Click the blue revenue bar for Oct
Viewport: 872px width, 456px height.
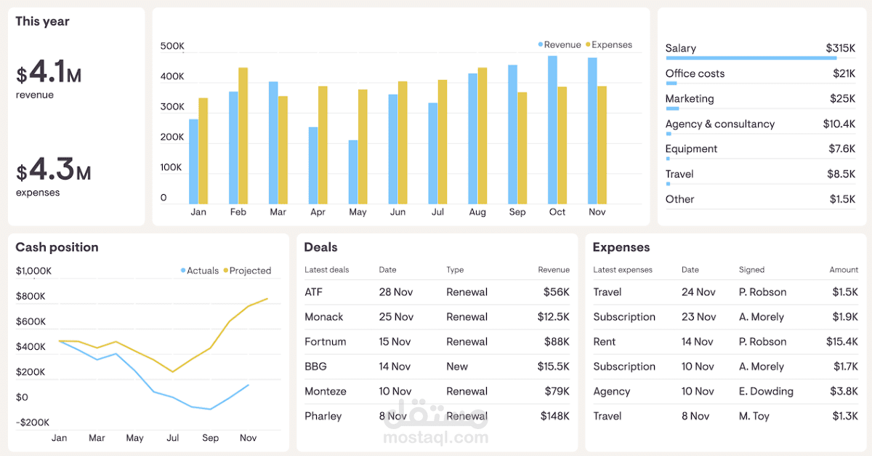[552, 131]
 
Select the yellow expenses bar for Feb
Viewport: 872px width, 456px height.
[243, 136]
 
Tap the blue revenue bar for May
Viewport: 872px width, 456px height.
[353, 172]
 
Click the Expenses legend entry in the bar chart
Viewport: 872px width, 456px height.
[611, 45]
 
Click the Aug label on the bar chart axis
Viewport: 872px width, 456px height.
[477, 212]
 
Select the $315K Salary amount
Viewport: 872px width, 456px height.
[840, 49]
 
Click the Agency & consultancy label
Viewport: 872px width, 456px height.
[719, 124]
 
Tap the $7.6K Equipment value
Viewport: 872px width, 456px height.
[842, 149]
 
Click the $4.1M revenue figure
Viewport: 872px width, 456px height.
[49, 73]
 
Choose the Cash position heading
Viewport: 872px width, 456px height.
[57, 247]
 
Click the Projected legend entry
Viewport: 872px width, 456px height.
[249, 271]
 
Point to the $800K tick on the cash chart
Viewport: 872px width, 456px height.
[31, 297]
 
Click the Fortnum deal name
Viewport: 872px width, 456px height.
[325, 342]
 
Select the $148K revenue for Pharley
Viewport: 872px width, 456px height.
[554, 417]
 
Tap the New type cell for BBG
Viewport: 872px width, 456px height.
[457, 367]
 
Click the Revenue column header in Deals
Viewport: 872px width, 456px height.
[554, 270]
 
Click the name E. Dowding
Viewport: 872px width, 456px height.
[766, 391]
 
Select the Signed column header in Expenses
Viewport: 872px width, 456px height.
[751, 270]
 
